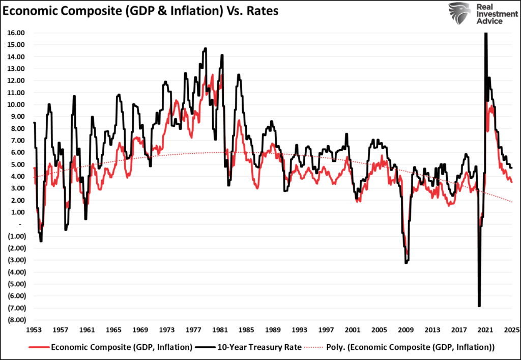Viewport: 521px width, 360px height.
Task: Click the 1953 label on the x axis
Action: click(34, 329)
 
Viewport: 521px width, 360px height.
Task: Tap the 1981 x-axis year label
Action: click(221, 329)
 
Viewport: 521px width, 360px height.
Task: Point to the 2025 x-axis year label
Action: click(511, 329)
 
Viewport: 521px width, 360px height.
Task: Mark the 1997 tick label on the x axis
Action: click(327, 329)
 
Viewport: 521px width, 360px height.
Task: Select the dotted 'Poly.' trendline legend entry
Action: click(402, 347)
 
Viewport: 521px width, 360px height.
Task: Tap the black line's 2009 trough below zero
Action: click(406, 263)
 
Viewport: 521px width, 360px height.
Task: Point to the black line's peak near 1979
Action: click(205, 48)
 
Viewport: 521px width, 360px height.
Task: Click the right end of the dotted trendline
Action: click(512, 202)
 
